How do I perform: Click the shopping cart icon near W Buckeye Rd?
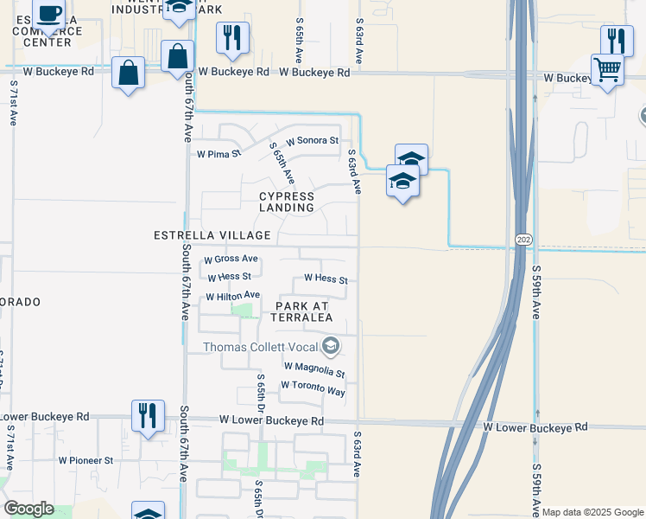[x=608, y=68]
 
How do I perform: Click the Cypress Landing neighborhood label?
[x=287, y=202]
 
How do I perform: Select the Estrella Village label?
[x=212, y=235]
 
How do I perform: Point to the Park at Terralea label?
[x=302, y=311]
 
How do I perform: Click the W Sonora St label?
[x=313, y=140]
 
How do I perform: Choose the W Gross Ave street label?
[x=231, y=259]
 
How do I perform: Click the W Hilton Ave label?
[x=232, y=296]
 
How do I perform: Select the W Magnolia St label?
[x=314, y=369]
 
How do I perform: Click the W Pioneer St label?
[x=85, y=461]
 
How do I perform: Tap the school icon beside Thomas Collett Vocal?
[x=330, y=348]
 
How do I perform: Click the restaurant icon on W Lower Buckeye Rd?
[x=147, y=414]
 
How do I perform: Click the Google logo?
[x=28, y=509]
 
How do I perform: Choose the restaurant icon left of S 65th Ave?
[x=231, y=37]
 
